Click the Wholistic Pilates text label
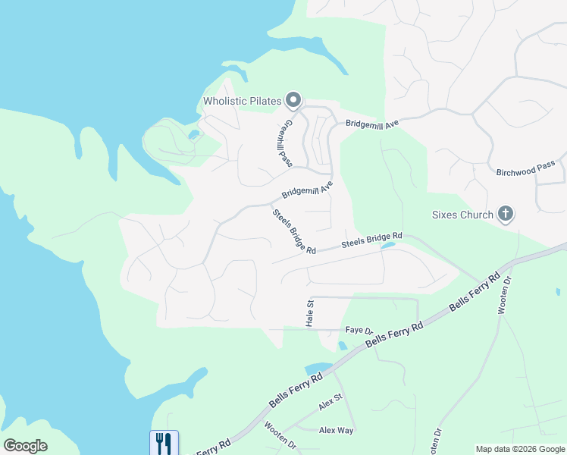pos(242,101)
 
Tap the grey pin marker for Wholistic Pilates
pos(293,100)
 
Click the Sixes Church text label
pos(462,215)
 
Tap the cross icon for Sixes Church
pos(506,215)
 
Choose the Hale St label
pos(309,313)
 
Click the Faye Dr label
pos(360,331)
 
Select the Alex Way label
pos(336,430)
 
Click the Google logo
pos(25,446)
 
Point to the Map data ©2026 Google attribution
pos(519,449)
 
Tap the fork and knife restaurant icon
pos(164,442)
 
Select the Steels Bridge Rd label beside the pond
pos(371,241)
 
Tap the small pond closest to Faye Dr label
pos(343,346)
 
